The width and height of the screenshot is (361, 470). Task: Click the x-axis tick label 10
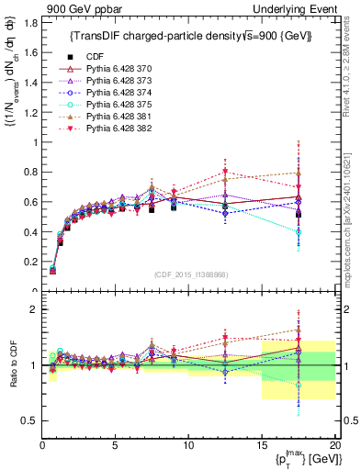pos(187,445)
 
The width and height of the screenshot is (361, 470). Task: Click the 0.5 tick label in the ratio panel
pos(28,420)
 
